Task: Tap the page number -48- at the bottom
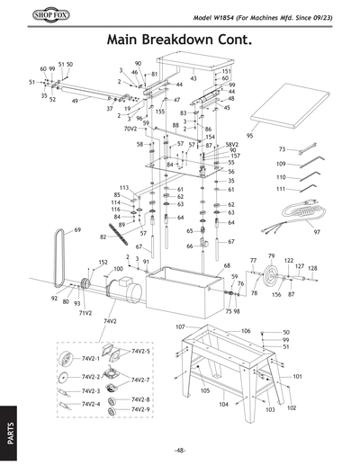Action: [x=180, y=450]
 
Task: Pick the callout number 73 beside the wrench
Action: [x=282, y=149]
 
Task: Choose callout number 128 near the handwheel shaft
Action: [x=312, y=268]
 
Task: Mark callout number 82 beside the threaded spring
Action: [x=103, y=237]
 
